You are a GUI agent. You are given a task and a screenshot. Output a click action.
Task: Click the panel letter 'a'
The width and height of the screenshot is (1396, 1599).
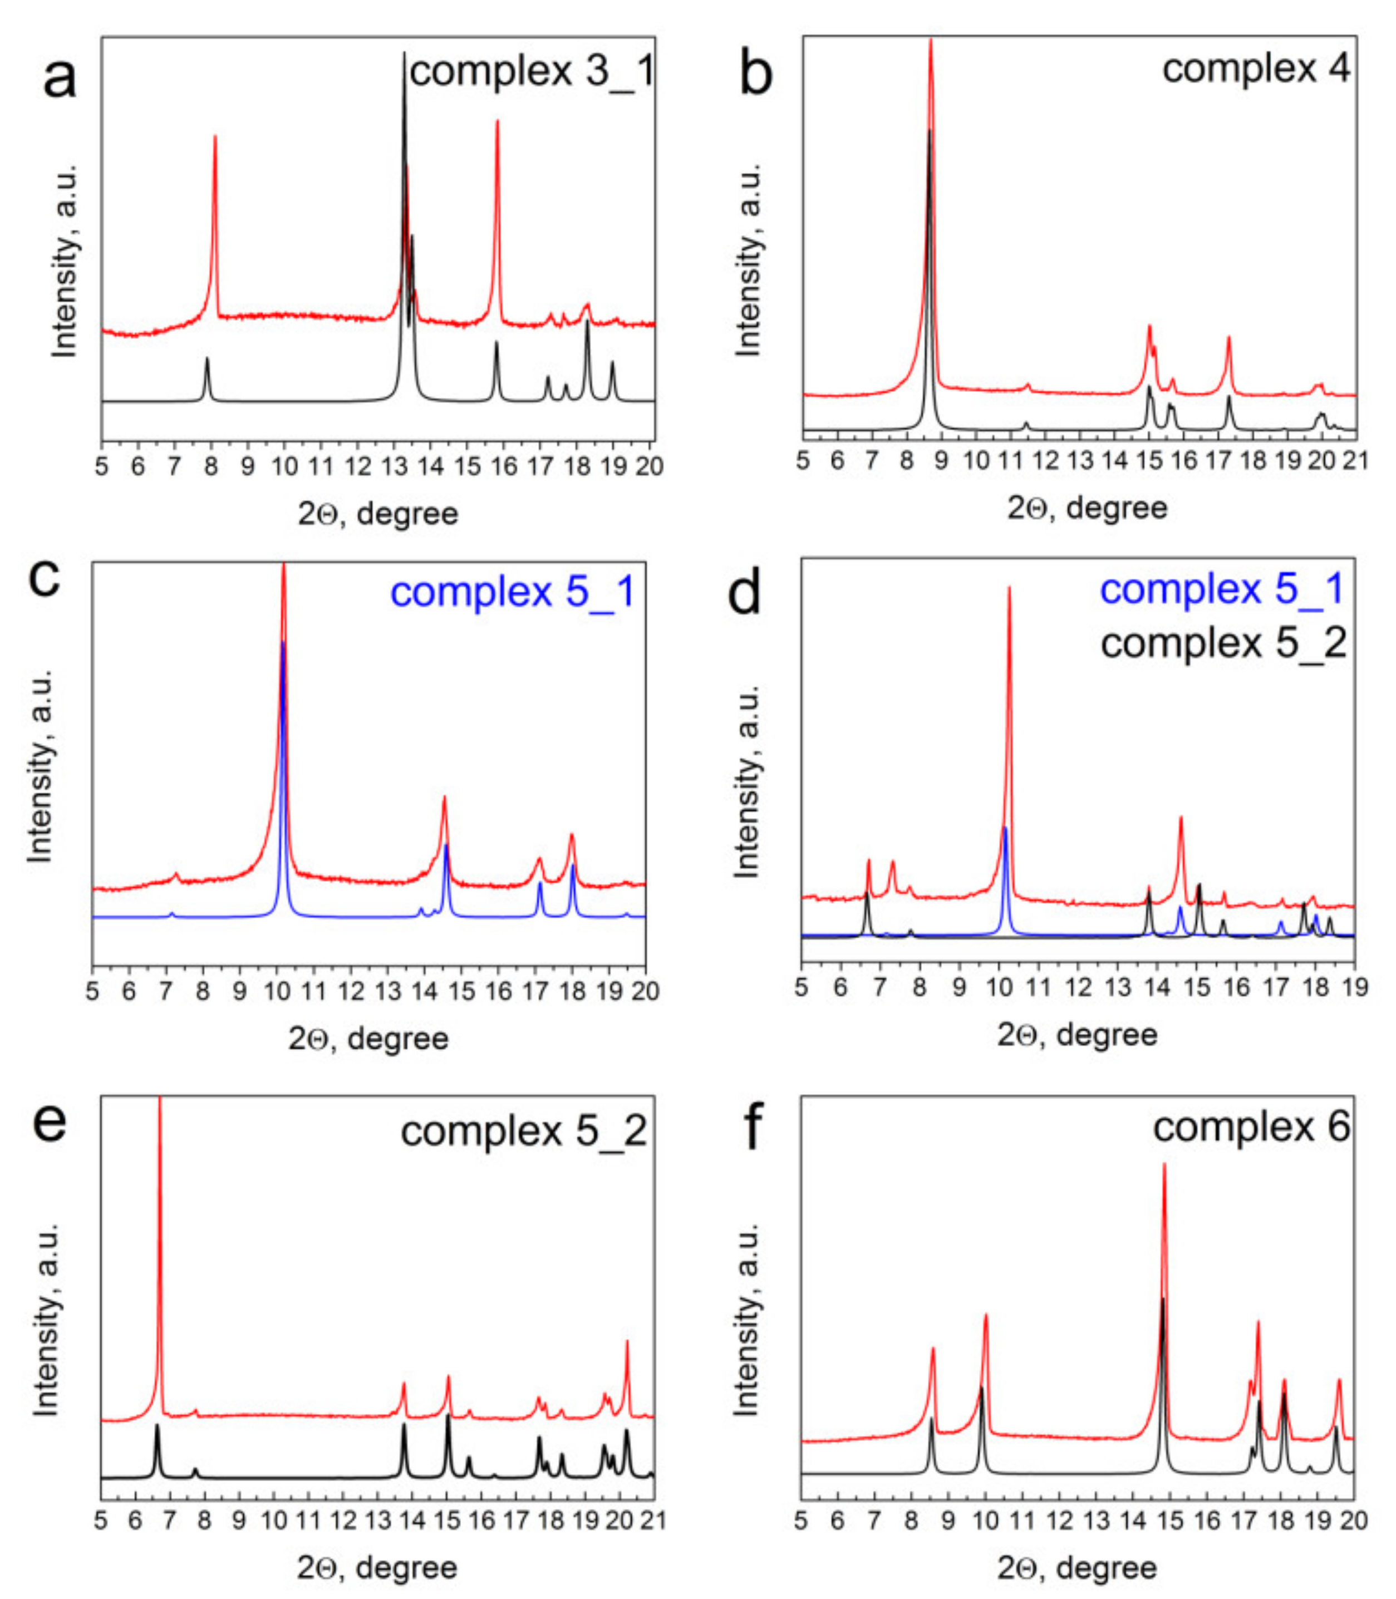coord(59,80)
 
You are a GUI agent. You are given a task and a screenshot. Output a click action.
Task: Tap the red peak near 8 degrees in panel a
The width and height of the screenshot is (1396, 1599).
coord(215,140)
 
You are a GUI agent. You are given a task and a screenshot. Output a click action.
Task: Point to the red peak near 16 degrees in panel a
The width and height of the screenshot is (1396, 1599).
coord(497,125)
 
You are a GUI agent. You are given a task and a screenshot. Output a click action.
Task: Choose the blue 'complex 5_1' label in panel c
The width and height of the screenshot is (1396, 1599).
coord(513,592)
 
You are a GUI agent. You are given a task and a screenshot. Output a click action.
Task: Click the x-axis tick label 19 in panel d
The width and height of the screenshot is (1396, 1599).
coord(1355,987)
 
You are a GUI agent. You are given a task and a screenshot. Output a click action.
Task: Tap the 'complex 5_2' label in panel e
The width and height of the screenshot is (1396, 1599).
coord(523,1131)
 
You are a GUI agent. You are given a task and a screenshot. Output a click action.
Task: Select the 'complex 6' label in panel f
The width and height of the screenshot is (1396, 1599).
coord(1251,1127)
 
